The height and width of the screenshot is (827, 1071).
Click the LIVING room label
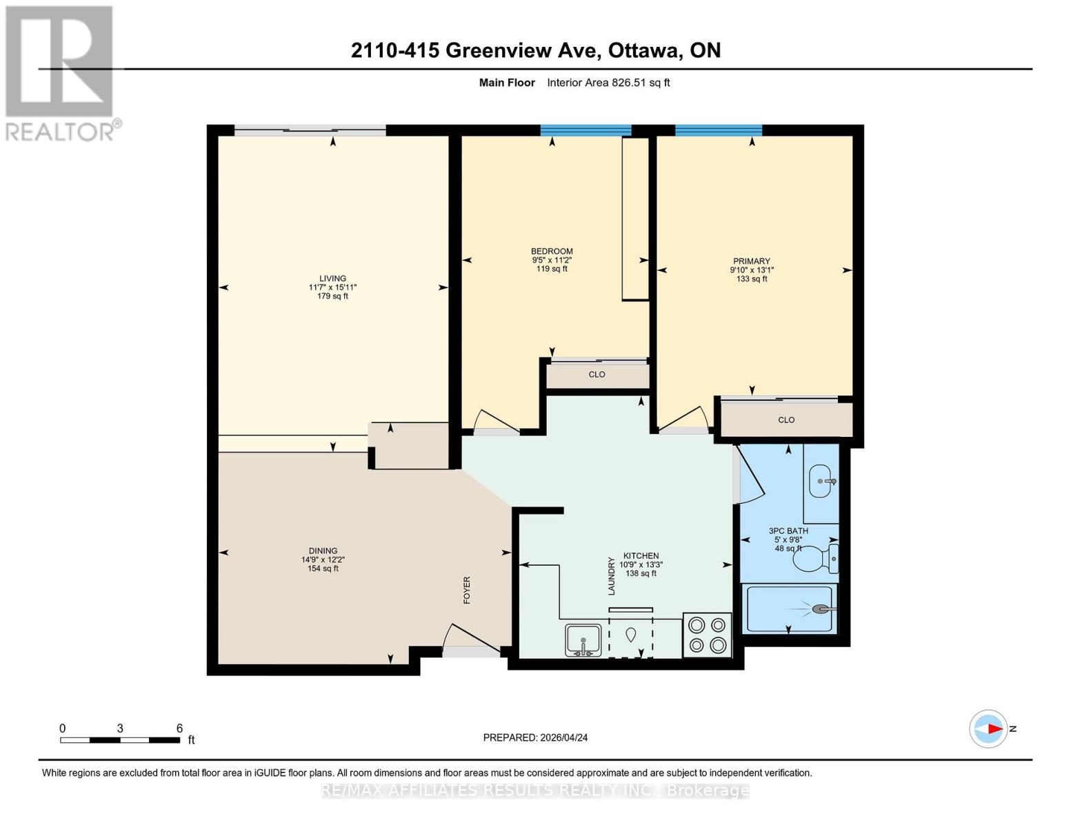332,278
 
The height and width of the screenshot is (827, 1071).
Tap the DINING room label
323,551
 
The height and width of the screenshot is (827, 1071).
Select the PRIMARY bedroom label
752,261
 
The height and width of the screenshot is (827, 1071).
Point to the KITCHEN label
641,555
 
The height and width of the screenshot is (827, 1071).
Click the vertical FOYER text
467,590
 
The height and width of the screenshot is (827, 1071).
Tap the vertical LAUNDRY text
612,576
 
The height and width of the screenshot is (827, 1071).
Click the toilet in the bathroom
816,559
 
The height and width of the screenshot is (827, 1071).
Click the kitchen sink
583,640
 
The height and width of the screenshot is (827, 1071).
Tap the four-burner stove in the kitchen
707,635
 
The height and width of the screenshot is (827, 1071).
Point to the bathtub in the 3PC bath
790,609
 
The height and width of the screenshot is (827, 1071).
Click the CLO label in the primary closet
786,420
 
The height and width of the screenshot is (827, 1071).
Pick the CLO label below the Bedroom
597,374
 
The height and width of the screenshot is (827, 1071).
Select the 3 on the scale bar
120,728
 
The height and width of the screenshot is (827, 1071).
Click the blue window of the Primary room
719,130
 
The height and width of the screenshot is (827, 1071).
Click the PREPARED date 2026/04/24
564,738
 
